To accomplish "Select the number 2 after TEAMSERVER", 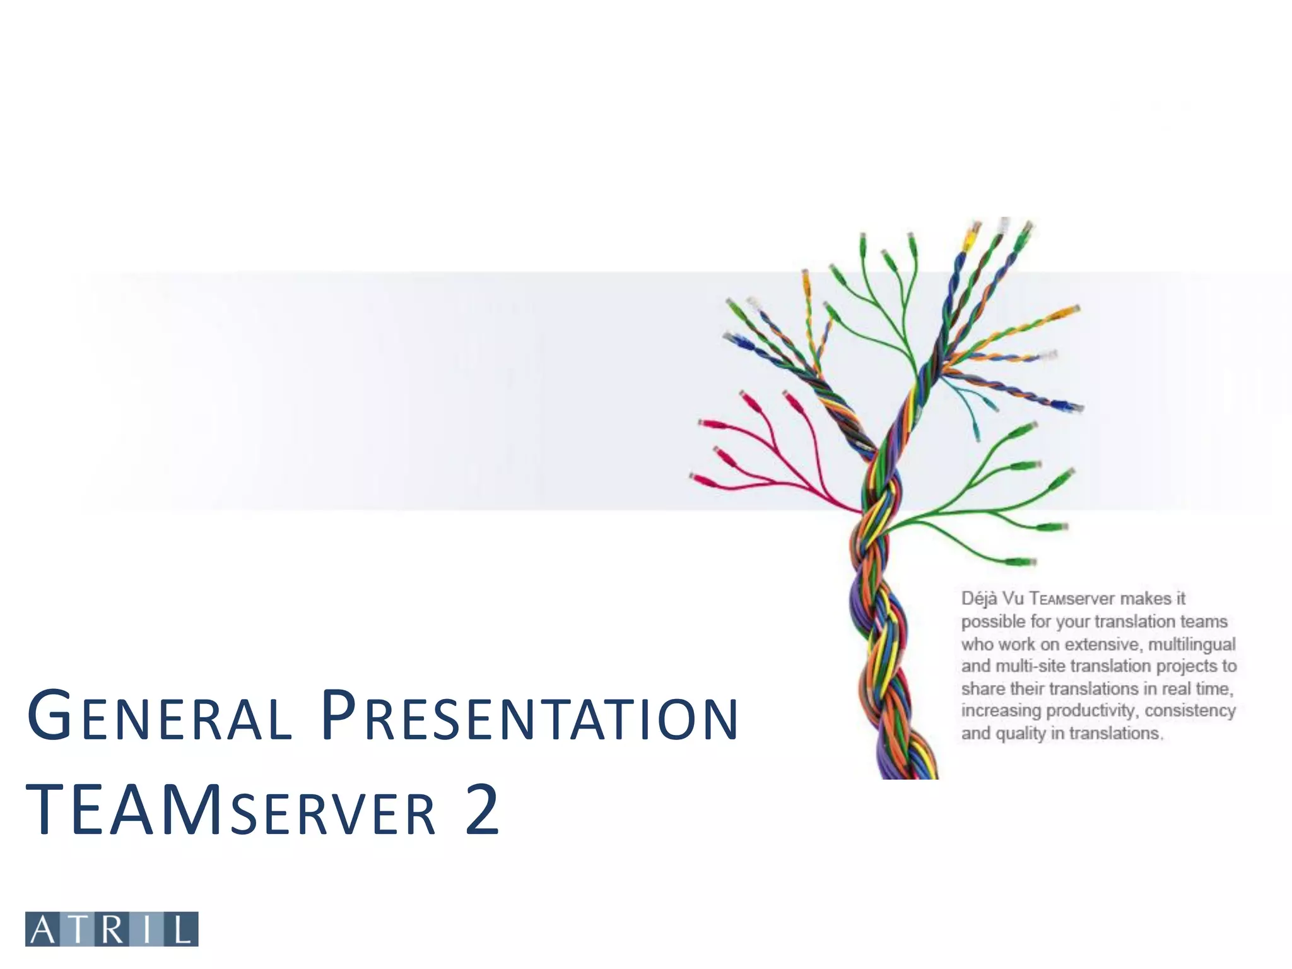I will point(483,811).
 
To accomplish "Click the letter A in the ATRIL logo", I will point(43,929).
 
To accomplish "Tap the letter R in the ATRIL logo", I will point(112,929).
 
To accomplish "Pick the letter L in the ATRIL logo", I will point(182,929).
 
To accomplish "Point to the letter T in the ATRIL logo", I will point(78,929).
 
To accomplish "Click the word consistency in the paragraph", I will point(1190,711).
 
